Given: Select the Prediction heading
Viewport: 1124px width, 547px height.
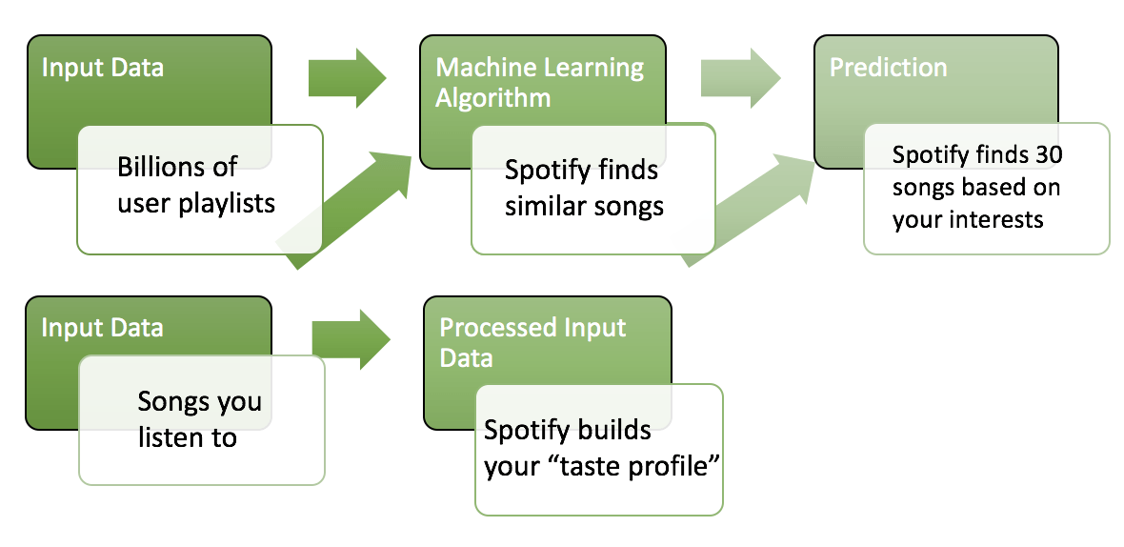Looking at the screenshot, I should point(888,68).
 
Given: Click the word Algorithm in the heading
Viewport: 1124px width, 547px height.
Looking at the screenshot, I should point(492,98).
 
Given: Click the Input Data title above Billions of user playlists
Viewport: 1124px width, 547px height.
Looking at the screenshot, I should point(102,68).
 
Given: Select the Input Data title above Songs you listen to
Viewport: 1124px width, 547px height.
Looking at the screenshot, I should point(102,328).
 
